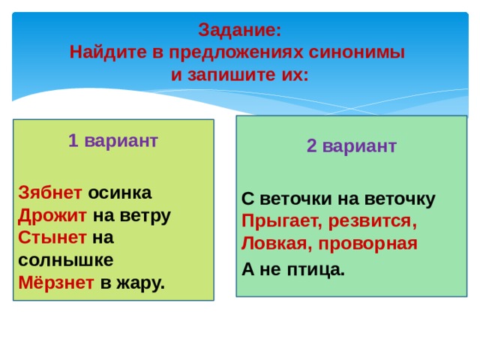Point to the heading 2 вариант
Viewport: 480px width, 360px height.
351,146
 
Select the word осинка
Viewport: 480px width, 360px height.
120,192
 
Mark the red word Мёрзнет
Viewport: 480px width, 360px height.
56,283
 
